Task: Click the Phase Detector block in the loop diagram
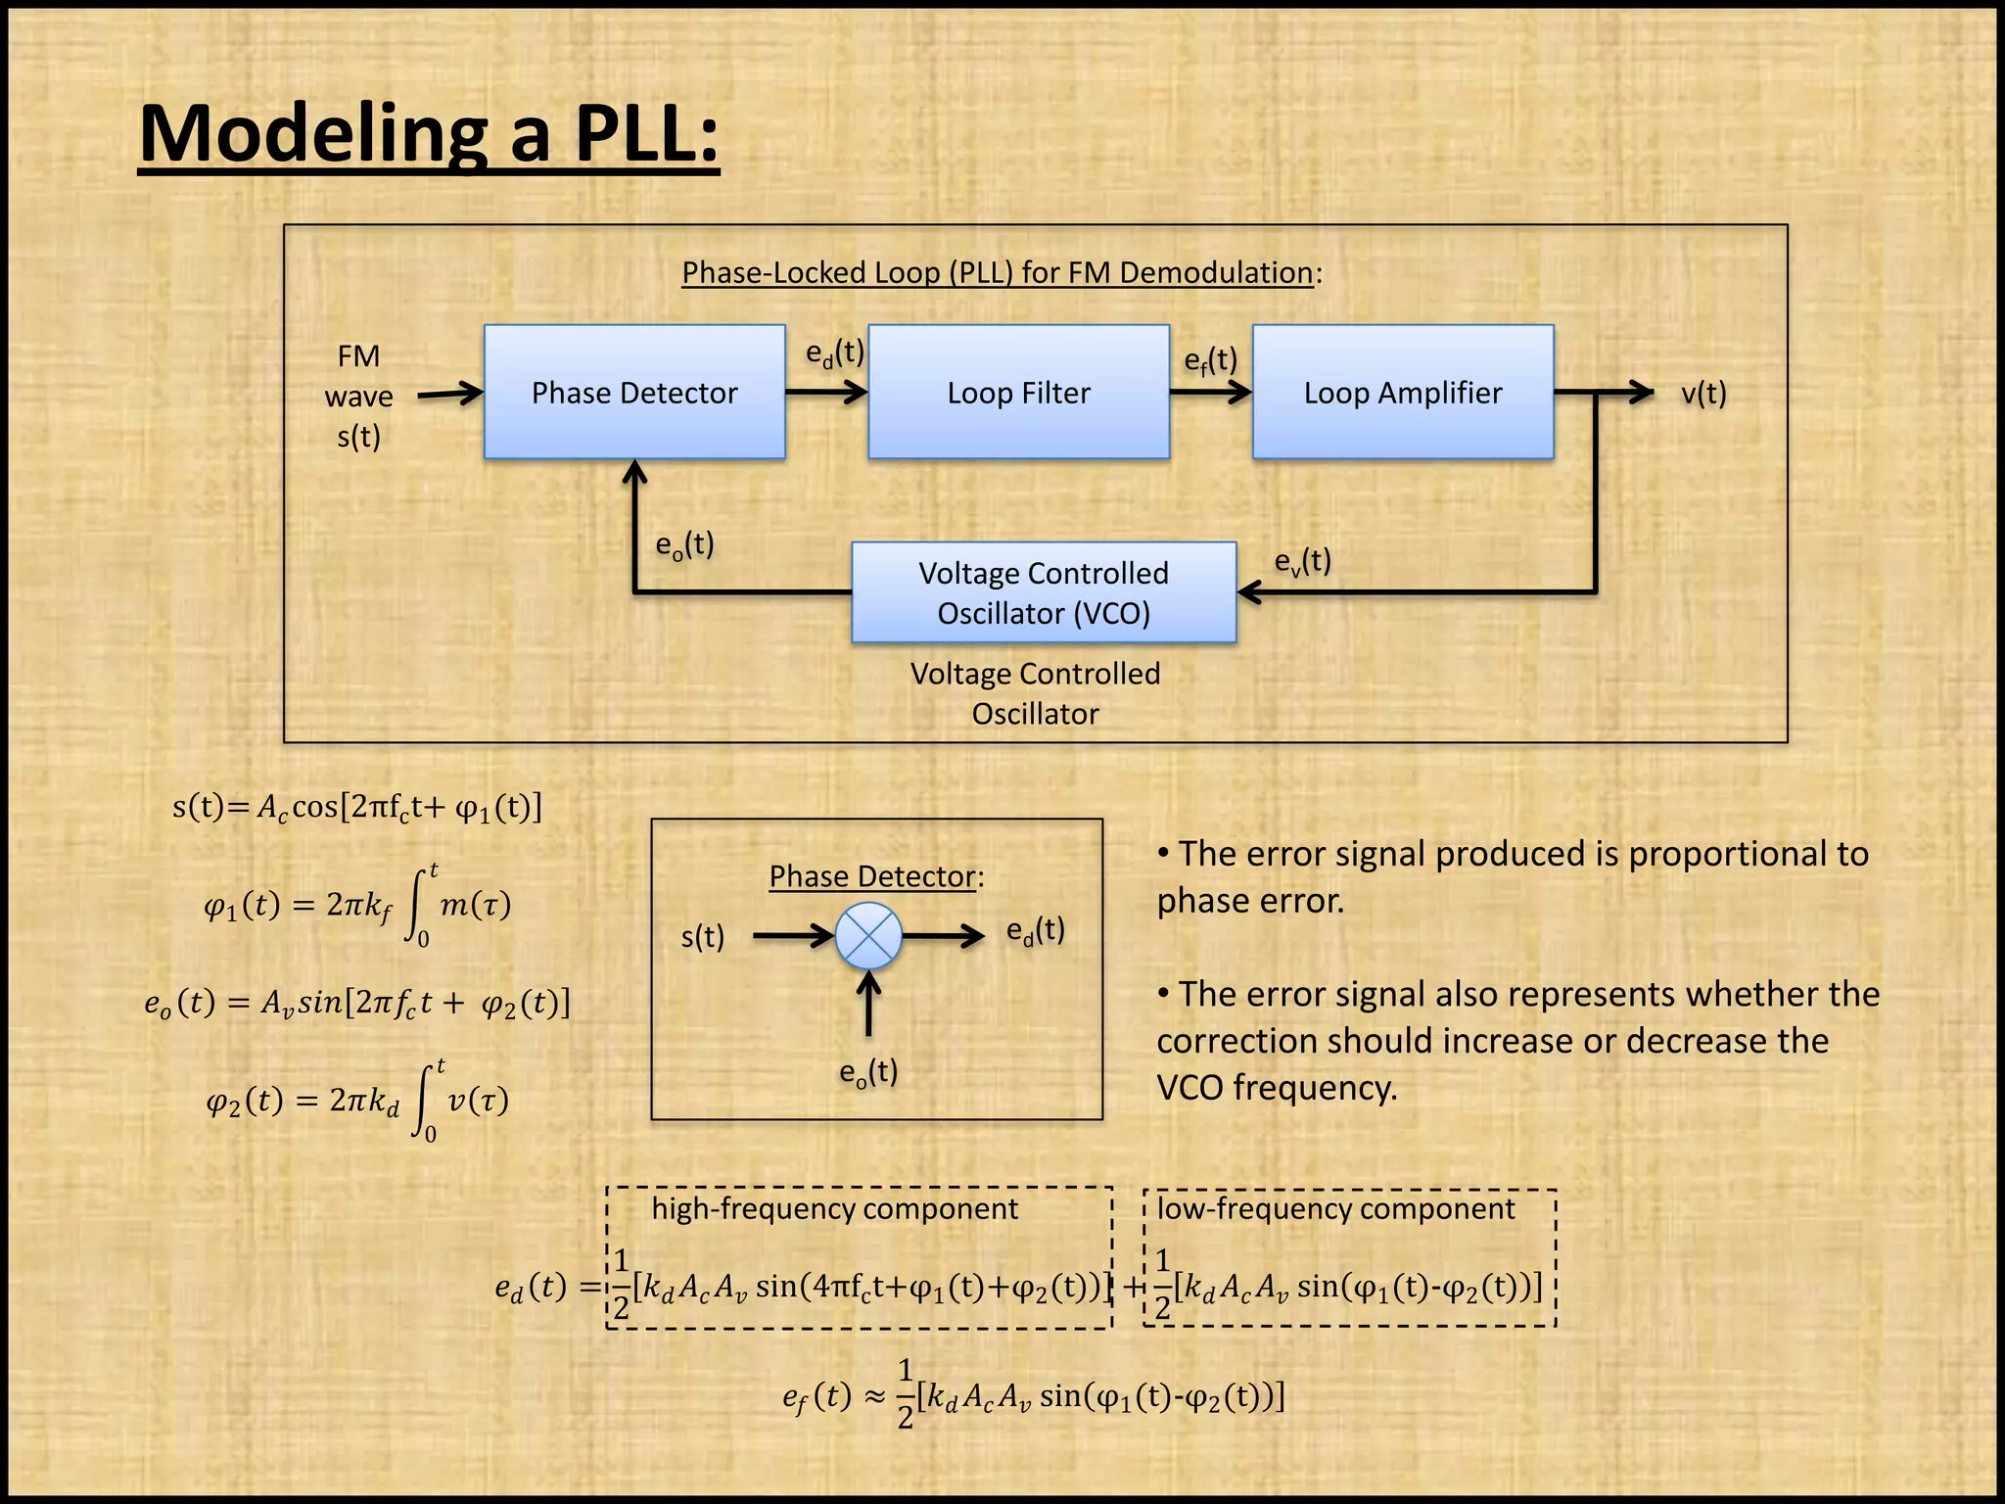tap(634, 392)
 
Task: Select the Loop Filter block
tap(1018, 392)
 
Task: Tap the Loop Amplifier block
tap(1402, 392)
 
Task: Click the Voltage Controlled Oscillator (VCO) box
tap(1044, 592)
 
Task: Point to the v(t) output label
tap(1703, 394)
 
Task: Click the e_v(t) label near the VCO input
tap(1302, 562)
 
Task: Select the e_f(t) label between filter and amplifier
tap(1210, 361)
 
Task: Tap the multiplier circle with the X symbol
tap(868, 936)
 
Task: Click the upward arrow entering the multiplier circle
tap(868, 1004)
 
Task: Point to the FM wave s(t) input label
tap(358, 396)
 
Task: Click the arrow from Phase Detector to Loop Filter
tap(825, 393)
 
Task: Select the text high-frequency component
tap(834, 1208)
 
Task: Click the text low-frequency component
tap(1335, 1208)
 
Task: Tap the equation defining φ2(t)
tap(357, 1101)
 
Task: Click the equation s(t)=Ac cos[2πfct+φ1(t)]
tap(357, 807)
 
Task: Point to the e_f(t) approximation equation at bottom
tap(1033, 1394)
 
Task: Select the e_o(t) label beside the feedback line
tap(684, 544)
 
